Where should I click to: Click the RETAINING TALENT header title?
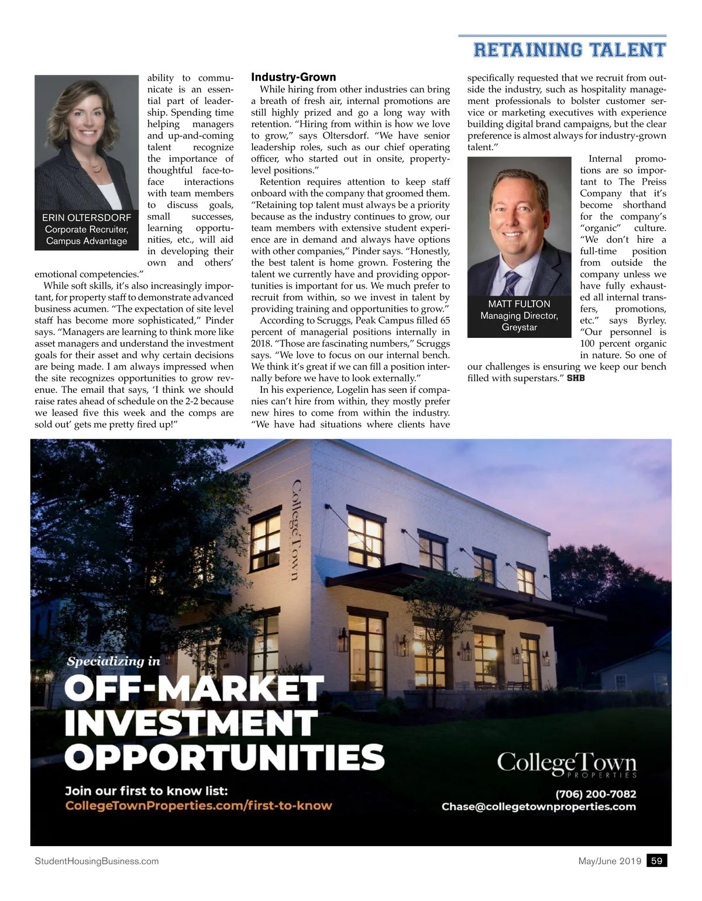point(569,50)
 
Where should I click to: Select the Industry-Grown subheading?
point(293,77)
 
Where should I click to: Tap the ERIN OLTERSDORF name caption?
point(87,218)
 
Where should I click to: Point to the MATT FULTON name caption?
point(519,304)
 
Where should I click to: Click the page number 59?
point(656,861)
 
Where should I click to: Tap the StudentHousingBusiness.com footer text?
point(97,861)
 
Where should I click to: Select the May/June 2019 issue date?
point(610,861)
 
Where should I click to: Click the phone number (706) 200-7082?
point(596,793)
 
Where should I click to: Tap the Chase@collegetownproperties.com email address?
point(538,807)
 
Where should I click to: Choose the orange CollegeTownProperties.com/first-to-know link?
point(198,806)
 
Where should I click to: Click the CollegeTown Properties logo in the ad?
point(566,764)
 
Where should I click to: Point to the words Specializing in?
point(113,661)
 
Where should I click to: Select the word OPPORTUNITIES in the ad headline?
point(225,757)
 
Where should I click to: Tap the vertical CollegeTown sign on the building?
point(297,530)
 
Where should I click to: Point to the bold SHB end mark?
point(576,378)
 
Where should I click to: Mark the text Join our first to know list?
point(146,791)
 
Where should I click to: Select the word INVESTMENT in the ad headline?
point(191,723)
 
